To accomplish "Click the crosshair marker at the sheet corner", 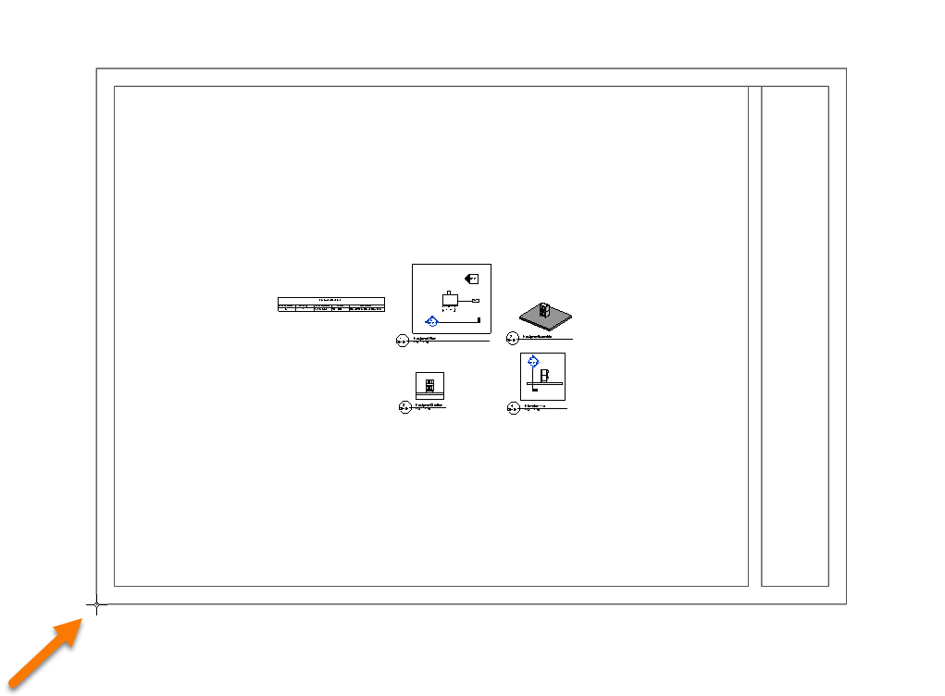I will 97,605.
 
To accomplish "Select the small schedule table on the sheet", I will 331,305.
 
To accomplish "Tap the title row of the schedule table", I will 331,300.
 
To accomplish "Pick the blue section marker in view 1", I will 431,321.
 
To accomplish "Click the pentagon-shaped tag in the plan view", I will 471,278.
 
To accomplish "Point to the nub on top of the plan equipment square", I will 450,292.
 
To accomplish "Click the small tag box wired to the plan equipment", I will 476,302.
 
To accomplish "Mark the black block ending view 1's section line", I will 479,320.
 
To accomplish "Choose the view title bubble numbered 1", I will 403,341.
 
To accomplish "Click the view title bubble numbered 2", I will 513,339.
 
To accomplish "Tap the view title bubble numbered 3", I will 404,406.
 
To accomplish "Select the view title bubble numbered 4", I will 513,406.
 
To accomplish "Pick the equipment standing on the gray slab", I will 544,311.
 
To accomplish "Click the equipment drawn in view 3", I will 429,385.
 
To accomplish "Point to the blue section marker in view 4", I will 532,364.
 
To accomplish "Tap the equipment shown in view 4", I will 545,376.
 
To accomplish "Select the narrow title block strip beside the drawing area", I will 794,336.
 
